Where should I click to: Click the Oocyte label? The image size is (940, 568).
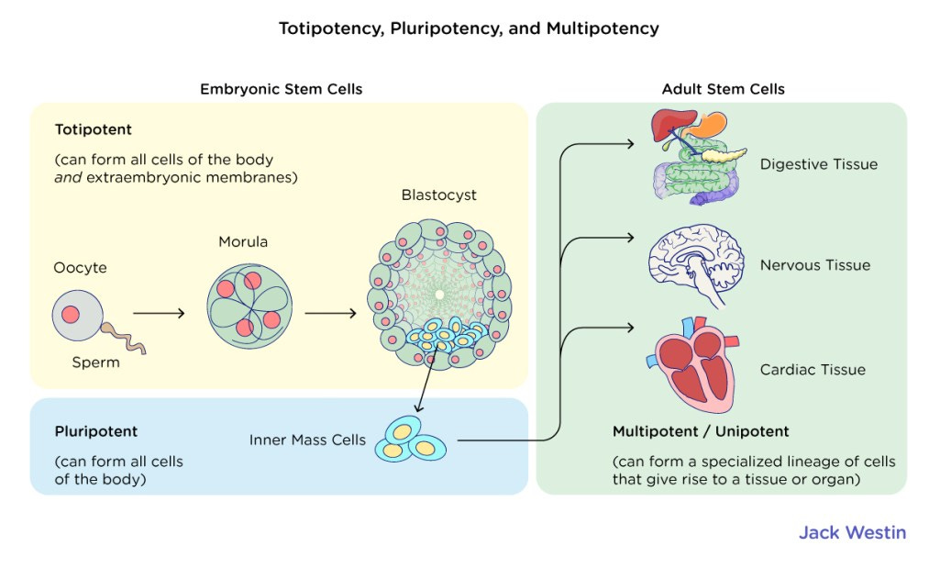click(80, 268)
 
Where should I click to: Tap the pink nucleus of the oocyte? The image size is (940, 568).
click(71, 315)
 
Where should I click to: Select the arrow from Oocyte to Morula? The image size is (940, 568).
click(159, 313)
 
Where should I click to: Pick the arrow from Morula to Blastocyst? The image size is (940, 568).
click(330, 313)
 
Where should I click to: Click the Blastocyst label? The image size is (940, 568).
click(438, 195)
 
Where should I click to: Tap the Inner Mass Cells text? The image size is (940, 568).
click(307, 440)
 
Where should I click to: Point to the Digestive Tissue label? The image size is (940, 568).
click(818, 164)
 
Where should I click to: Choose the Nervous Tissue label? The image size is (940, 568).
click(814, 265)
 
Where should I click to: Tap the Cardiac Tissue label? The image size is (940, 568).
click(813, 370)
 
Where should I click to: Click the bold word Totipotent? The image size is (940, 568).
click(93, 129)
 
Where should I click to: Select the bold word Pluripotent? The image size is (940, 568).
click(96, 430)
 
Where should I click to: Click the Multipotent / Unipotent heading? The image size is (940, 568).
click(700, 431)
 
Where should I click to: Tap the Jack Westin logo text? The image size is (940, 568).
click(851, 532)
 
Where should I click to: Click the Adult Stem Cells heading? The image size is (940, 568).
click(723, 89)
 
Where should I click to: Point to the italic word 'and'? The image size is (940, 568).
click(68, 177)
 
